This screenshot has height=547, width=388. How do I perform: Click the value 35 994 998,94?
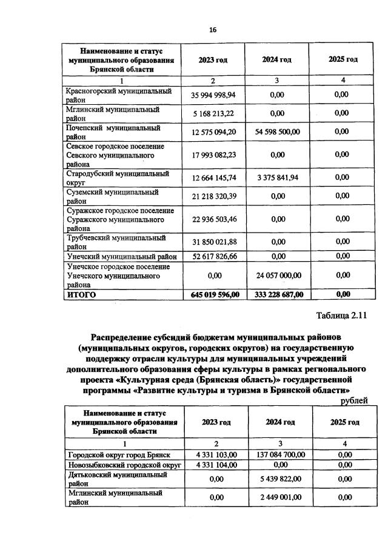tap(213, 95)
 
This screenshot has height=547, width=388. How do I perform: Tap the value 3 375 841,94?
tap(276, 177)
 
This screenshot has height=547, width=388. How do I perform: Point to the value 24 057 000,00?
tap(276, 275)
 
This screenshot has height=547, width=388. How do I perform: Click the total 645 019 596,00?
tap(213, 294)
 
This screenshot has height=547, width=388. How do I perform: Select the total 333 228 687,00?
tap(276, 294)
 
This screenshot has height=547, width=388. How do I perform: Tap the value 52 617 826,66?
tap(213, 256)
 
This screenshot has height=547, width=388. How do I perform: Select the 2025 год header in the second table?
tap(344, 422)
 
